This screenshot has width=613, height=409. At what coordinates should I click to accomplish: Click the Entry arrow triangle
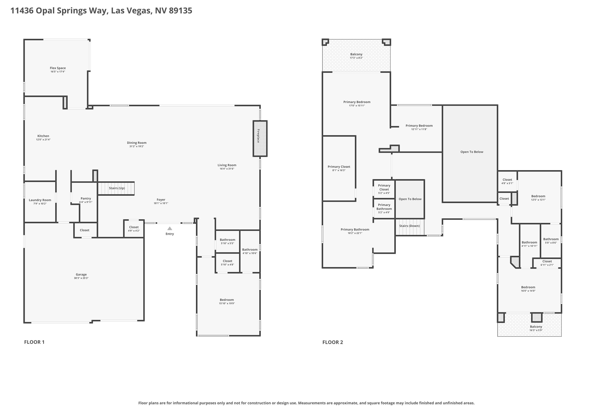(x=170, y=228)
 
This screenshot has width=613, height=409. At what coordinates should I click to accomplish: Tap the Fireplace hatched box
(x=260, y=138)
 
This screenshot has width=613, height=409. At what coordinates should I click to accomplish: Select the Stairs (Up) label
(x=117, y=188)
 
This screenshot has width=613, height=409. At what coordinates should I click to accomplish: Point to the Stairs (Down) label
(x=409, y=226)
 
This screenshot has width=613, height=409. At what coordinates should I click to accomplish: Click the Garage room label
(x=81, y=274)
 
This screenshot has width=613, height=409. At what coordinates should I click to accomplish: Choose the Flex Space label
(x=58, y=68)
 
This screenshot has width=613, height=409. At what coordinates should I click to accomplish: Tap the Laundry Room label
(x=40, y=200)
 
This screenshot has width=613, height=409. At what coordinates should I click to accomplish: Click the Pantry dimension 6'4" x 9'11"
(x=86, y=202)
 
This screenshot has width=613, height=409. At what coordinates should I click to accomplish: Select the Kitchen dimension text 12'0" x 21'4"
(x=43, y=139)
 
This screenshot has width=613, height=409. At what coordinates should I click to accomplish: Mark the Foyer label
(x=161, y=200)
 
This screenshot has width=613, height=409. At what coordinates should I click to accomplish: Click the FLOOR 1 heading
(x=34, y=342)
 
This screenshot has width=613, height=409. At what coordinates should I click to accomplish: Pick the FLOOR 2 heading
(x=333, y=342)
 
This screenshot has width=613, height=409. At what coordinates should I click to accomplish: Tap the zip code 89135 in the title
(x=181, y=11)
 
